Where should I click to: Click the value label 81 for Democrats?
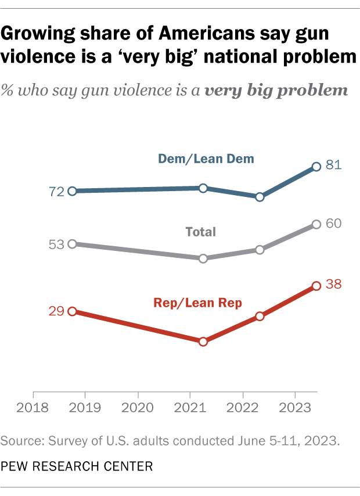click(333, 166)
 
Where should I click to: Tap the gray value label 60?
click(333, 223)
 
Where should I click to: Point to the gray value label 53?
click(57, 244)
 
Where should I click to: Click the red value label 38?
click(333, 285)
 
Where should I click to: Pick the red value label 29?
click(57, 311)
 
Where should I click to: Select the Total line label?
click(200, 232)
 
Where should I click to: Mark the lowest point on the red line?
click(203, 342)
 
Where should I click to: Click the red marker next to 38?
click(316, 286)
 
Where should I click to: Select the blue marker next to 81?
click(316, 167)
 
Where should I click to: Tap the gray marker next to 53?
click(72, 244)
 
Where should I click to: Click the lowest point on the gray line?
click(203, 258)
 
